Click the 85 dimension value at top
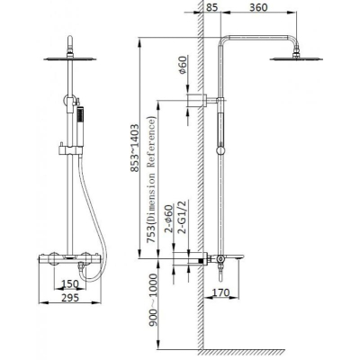click(211, 7)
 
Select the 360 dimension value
click(258, 7)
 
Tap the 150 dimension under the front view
click(69, 283)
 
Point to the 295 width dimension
click(70, 298)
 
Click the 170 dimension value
click(220, 292)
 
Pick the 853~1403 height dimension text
click(135, 148)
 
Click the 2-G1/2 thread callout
click(183, 217)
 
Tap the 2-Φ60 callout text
click(169, 219)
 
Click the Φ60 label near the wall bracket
click(183, 65)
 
